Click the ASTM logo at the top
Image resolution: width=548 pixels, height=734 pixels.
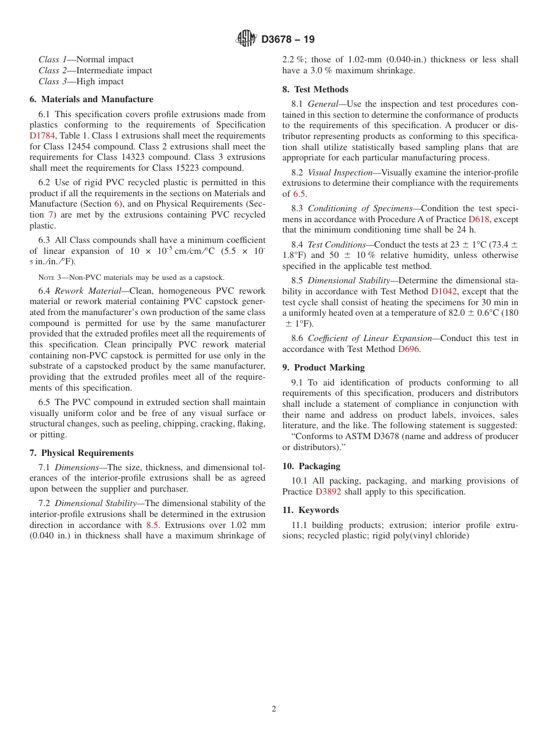click(246, 39)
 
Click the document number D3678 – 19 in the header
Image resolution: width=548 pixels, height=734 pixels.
click(288, 40)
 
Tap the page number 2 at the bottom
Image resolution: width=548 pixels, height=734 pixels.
click(274, 709)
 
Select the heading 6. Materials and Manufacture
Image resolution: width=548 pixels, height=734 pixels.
click(92, 99)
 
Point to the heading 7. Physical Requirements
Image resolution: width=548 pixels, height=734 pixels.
click(81, 453)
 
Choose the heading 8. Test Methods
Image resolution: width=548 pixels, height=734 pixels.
click(315, 89)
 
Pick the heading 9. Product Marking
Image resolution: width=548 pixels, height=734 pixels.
click(323, 368)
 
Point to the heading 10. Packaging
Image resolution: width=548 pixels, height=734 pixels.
click(311, 466)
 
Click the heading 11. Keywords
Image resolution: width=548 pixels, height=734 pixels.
click(310, 510)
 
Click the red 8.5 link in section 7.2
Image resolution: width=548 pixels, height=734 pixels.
click(152, 525)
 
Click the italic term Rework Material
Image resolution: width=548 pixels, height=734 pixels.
click(88, 291)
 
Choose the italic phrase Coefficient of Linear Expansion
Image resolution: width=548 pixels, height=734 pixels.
click(370, 338)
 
